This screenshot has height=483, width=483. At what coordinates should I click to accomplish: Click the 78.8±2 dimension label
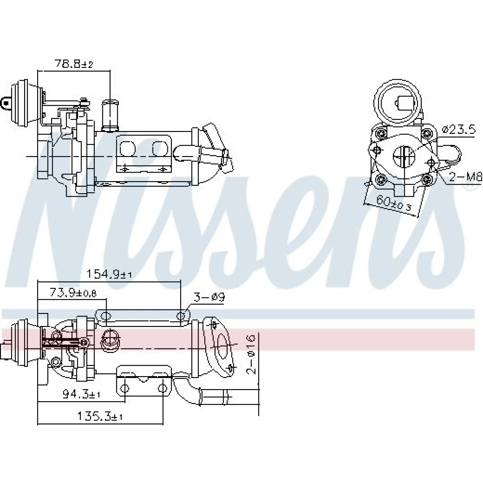[74, 64]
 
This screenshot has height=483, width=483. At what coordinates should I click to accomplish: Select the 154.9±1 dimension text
[109, 274]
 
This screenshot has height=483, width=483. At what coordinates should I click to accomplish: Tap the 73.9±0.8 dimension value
[73, 293]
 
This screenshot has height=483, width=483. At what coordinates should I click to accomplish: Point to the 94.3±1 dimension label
[81, 394]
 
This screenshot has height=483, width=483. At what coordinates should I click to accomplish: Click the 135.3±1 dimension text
[100, 417]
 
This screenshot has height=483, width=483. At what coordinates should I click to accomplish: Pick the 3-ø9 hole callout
[209, 298]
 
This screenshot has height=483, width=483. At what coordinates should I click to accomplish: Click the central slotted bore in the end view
[404, 156]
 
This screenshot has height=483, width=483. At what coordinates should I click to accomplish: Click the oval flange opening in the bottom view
[224, 346]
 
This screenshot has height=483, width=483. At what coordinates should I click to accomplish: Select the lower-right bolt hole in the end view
[426, 180]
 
